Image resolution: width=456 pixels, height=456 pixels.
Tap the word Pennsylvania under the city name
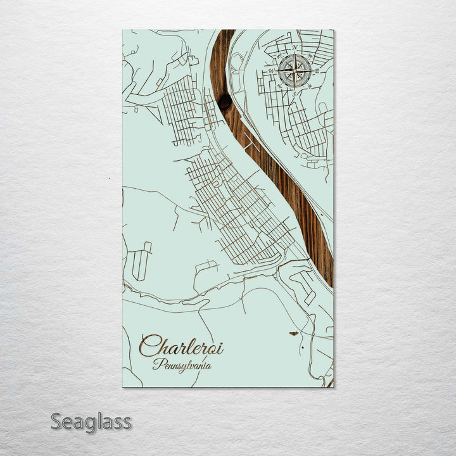pyautogui.click(x=182, y=365)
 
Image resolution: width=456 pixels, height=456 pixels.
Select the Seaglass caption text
pyautogui.click(x=91, y=422)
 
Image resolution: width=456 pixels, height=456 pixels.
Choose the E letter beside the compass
pyautogui.click(x=316, y=70)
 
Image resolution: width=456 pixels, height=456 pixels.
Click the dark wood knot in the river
pyautogui.click(x=224, y=102)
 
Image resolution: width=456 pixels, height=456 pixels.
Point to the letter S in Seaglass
pyautogui.click(x=56, y=421)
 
